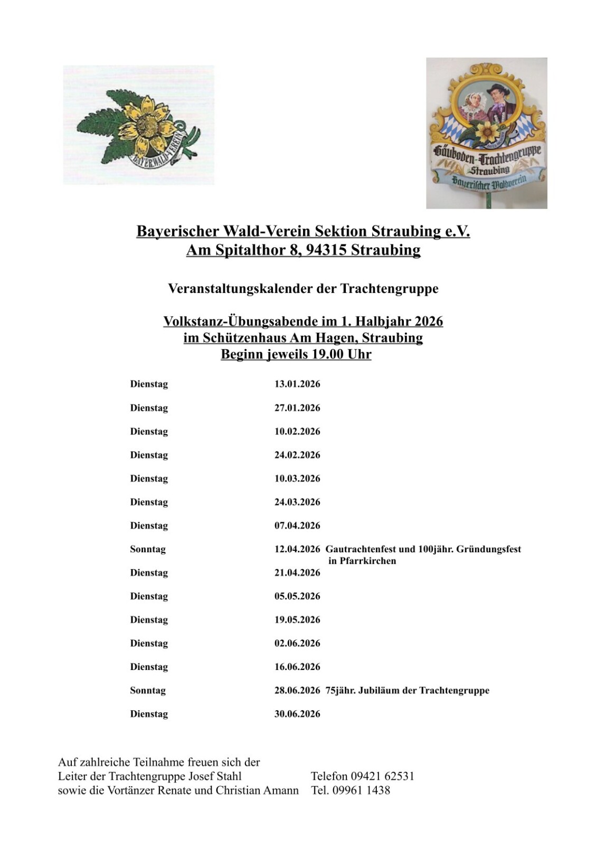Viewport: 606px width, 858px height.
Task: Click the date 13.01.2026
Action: click(297, 384)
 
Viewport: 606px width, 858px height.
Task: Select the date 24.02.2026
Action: click(297, 455)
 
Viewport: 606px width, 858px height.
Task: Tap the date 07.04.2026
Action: click(297, 525)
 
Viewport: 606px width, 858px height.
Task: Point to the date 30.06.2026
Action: click(297, 714)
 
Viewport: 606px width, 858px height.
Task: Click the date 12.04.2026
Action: click(297, 549)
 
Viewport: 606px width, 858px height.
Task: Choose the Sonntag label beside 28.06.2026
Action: click(148, 691)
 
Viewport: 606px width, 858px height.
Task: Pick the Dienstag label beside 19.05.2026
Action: click(149, 620)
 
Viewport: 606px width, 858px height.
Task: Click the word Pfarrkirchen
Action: click(368, 561)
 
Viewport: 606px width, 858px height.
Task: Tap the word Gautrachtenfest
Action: click(362, 549)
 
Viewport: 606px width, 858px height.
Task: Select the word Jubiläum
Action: click(381, 691)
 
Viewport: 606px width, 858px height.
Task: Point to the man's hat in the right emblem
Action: click(497, 88)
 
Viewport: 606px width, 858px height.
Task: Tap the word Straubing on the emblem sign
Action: click(489, 170)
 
